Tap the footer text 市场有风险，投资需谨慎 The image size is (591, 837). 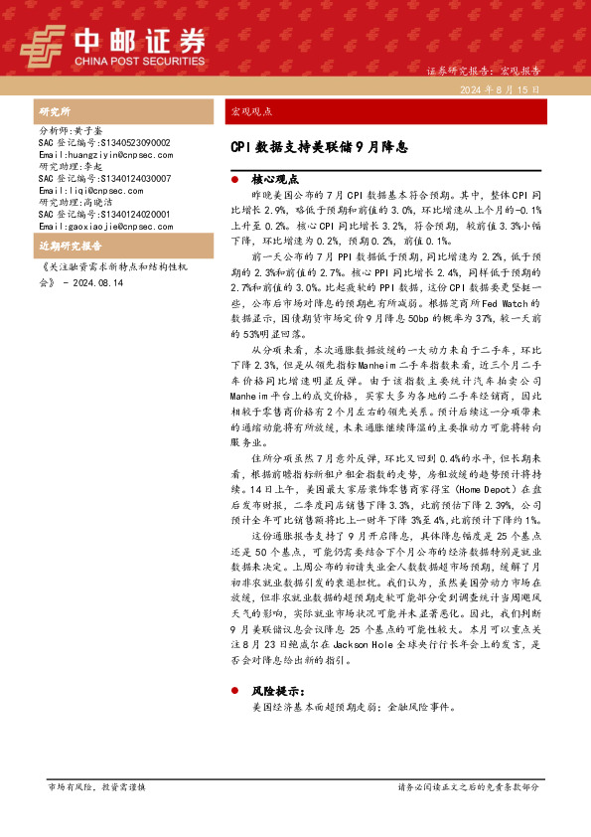(96, 786)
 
